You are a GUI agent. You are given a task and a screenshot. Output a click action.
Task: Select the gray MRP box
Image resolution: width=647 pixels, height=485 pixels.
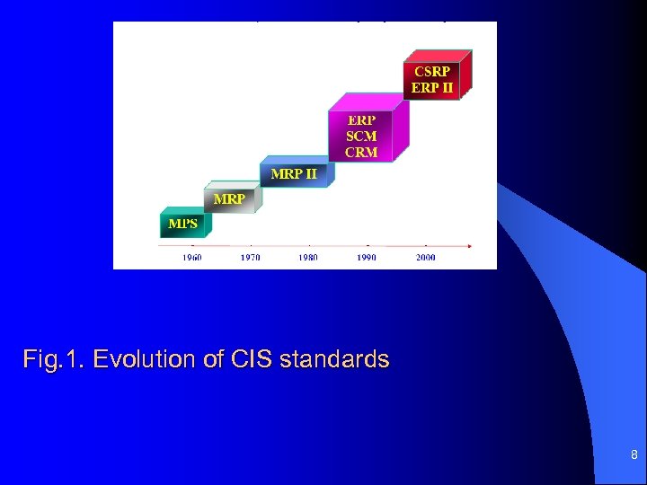point(229,198)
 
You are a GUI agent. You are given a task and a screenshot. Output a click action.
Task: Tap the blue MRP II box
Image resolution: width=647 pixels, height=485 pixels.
point(294,173)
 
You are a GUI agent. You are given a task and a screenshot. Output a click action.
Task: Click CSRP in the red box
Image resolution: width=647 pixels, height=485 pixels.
point(432,70)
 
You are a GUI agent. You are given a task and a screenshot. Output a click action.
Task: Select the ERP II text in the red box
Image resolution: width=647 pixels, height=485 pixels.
point(432,87)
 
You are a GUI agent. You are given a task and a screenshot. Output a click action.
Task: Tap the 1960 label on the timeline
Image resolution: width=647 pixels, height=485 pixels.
point(192,258)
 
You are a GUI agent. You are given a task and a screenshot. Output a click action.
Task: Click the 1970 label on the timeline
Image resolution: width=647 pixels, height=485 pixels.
point(251,258)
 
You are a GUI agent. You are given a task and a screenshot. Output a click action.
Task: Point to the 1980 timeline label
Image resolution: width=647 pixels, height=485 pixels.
point(308,258)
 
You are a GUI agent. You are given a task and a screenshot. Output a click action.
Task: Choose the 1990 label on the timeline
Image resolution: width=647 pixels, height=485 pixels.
point(367,258)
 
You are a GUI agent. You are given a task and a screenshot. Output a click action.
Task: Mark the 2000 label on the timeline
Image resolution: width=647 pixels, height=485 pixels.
point(425,258)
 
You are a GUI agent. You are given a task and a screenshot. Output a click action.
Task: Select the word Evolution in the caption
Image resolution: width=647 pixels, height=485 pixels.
point(144,360)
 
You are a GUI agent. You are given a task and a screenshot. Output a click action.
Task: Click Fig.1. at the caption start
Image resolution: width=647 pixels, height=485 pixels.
point(55,360)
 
